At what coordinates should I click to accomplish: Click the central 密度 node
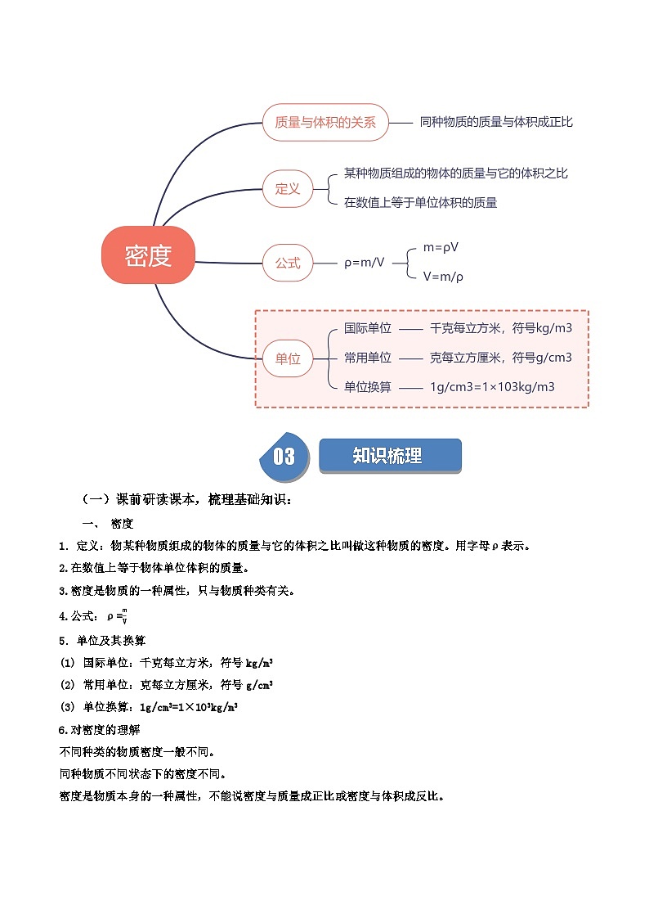[x=149, y=256]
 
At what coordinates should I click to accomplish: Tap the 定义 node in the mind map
[x=288, y=189]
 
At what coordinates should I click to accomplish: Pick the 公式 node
[x=288, y=264]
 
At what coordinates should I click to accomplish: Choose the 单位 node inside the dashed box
[x=288, y=358]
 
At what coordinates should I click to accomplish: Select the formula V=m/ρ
[x=444, y=277]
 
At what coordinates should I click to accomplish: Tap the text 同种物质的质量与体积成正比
[x=496, y=122]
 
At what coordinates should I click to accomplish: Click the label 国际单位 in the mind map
[x=368, y=328]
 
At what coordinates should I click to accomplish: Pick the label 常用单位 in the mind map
[x=368, y=358]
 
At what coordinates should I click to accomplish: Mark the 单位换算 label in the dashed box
[x=368, y=387]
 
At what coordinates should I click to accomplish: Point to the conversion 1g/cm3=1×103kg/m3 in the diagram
[x=492, y=387]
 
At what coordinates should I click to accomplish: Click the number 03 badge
[x=284, y=456]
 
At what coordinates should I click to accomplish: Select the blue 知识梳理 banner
[x=389, y=456]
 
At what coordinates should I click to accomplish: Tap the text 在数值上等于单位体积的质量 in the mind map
[x=420, y=203]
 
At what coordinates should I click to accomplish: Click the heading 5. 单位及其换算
[x=102, y=640]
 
